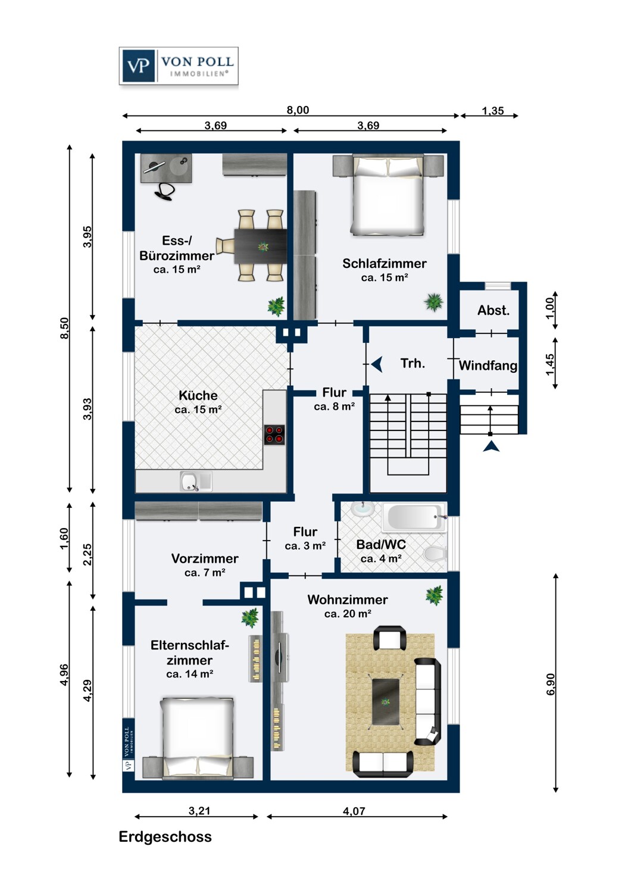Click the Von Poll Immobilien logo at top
(179, 66)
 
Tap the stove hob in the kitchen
(274, 435)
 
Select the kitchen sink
(190, 481)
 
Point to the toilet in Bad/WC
(435, 554)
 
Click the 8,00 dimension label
(298, 110)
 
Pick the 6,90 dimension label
(551, 684)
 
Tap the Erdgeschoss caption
(165, 836)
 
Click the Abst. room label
(493, 310)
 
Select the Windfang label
(488, 366)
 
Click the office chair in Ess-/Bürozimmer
(165, 191)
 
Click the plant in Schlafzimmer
(434, 302)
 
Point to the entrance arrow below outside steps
(491, 447)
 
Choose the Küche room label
(198, 395)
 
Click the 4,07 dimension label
(354, 811)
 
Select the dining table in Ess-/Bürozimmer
(260, 246)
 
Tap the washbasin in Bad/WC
(363, 508)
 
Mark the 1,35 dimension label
(493, 111)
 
